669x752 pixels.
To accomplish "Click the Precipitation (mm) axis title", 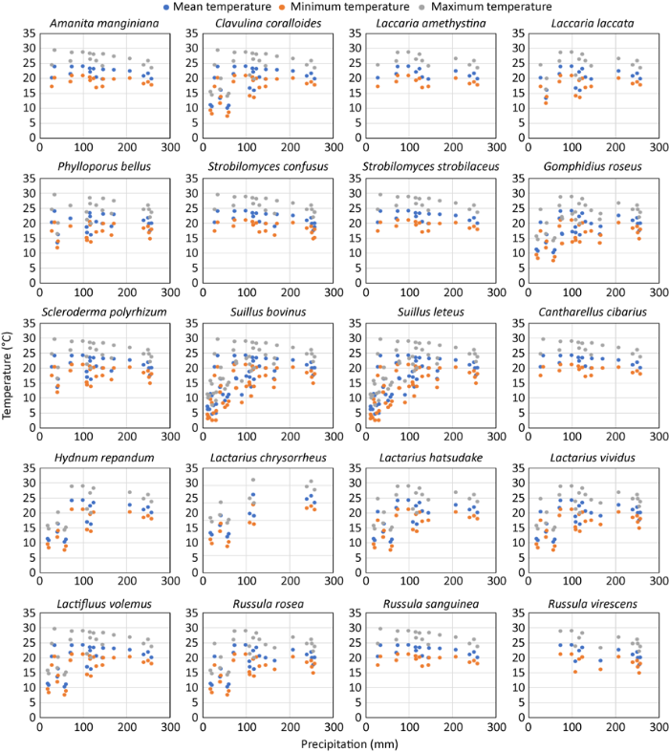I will [339, 744].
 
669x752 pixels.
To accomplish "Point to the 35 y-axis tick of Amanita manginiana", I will [29, 34].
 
